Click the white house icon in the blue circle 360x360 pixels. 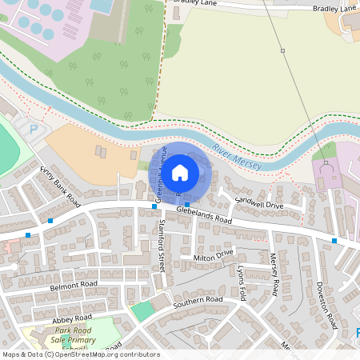point(180,172)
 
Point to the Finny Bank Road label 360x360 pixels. point(60,186)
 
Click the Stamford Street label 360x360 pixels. point(161,245)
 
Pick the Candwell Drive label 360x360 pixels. point(259,205)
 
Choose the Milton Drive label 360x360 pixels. point(213,257)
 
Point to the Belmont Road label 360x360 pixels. point(74,284)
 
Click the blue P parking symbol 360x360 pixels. point(33,129)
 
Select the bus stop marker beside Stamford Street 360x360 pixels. point(154,206)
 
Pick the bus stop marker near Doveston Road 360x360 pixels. point(334,240)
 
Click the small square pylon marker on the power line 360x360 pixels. point(282,50)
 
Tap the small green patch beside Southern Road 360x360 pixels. point(142,311)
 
